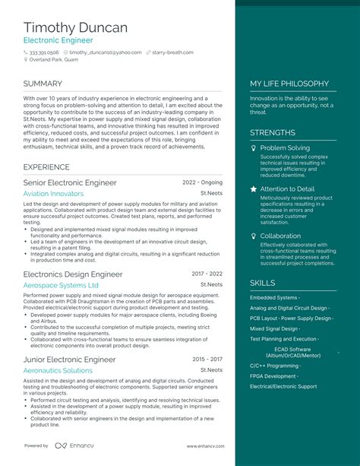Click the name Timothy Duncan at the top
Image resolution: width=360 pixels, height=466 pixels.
point(75,27)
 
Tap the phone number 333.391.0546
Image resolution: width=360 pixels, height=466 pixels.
point(47,52)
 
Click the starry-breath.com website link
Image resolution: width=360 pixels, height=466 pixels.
point(180,52)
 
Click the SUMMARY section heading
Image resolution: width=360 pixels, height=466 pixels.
point(43,84)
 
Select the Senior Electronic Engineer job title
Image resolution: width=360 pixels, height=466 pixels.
point(70,183)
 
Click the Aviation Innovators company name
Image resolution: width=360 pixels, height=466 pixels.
point(53,194)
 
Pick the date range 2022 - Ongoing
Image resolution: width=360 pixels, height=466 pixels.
point(203,183)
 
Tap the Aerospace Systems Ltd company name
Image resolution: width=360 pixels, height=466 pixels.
point(61,285)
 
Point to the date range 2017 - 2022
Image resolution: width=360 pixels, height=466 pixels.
point(207,274)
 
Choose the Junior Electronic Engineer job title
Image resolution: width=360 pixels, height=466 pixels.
point(70,359)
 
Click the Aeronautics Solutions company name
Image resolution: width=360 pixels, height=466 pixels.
point(58,370)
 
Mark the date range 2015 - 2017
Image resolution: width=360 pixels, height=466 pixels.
point(207,359)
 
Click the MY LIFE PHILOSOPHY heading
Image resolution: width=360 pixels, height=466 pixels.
point(289,84)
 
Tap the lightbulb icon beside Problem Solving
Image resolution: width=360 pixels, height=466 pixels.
point(254,147)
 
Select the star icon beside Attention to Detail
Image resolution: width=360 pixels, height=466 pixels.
point(254,189)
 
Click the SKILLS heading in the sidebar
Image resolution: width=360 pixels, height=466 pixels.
point(263,283)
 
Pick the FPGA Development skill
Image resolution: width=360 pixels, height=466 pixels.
point(273,376)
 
